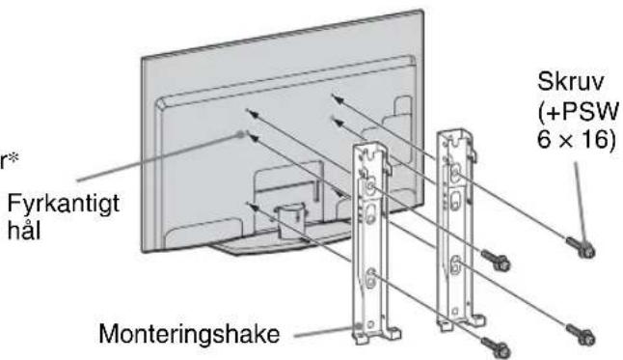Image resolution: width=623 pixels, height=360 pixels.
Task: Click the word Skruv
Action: [570, 81]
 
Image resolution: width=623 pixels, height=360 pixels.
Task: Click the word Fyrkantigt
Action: [64, 205]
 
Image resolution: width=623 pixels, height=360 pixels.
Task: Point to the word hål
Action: [24, 231]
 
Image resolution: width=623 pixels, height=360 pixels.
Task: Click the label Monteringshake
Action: [189, 334]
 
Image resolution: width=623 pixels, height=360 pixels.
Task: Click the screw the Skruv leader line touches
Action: [581, 247]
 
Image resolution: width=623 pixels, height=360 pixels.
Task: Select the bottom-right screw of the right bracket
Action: [581, 335]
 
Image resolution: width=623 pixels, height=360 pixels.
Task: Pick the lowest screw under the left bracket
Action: [496, 347]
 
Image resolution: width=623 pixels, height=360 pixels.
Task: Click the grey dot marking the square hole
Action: [240, 134]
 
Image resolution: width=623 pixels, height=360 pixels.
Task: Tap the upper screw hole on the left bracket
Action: [370, 187]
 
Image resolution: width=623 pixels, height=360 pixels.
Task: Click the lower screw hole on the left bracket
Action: [370, 277]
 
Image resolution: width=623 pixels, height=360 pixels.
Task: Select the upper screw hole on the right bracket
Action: [455, 174]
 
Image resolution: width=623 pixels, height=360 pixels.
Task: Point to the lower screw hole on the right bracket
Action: [455, 263]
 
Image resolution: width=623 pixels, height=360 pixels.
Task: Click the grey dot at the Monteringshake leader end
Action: [359, 326]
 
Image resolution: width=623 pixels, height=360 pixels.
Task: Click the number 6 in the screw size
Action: [545, 139]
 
